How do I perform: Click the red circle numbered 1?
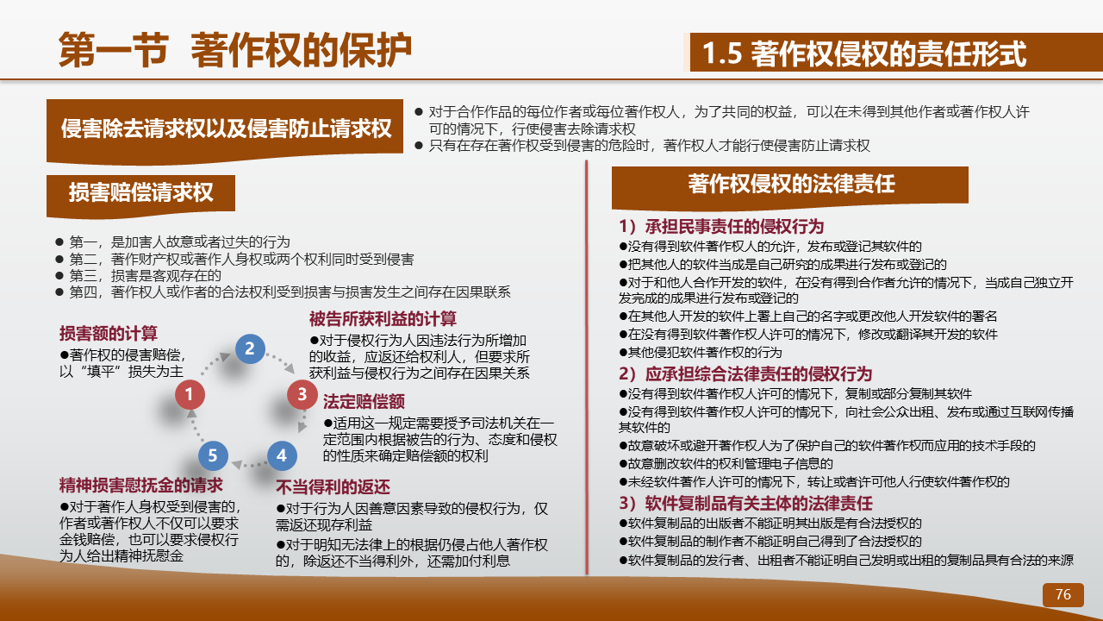coord(190,394)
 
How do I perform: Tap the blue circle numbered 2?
coord(250,349)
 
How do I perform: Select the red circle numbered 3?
coord(302,394)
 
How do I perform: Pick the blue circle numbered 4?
coord(282,455)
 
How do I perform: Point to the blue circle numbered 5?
coord(213,455)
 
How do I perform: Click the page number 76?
coord(1063,594)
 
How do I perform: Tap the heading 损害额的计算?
coord(109,334)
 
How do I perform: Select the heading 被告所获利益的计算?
coord(383,319)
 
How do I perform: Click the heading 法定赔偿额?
coord(364,402)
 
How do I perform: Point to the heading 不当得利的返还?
coord(333,487)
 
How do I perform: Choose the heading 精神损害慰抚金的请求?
coord(140,486)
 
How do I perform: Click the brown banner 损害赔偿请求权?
coord(140,194)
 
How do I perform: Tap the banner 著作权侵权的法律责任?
coord(790,186)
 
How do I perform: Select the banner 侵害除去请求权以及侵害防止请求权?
coord(225,129)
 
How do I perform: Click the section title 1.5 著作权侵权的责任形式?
coord(864,53)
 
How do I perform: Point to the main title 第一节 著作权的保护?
coord(235,50)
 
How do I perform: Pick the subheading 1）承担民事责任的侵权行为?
coord(721,227)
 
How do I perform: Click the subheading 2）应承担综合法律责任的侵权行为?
coord(745,374)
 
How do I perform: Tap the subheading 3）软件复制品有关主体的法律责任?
coord(746,504)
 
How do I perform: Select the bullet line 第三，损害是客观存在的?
coord(139,275)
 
